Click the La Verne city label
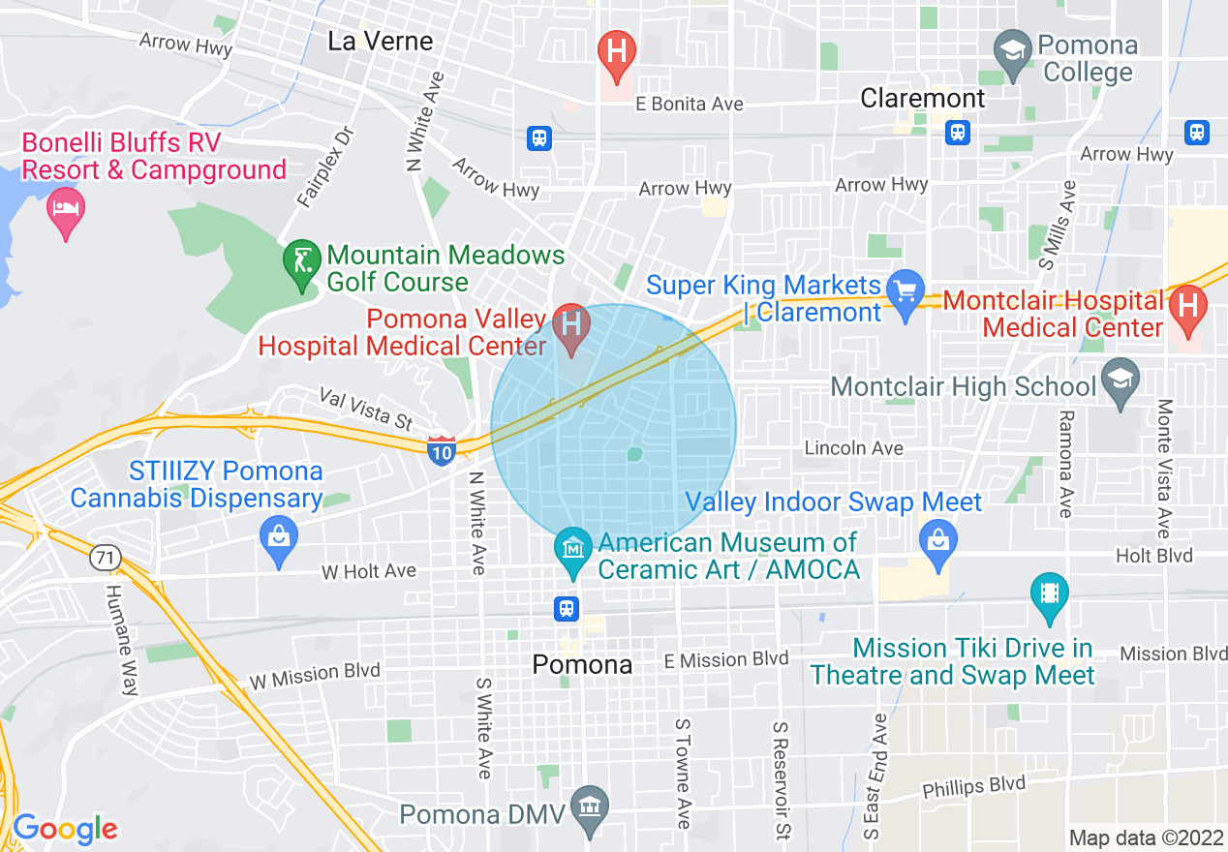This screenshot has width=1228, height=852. [x=380, y=41]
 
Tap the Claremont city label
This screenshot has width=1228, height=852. [x=922, y=99]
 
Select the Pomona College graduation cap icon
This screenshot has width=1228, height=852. [x=1013, y=51]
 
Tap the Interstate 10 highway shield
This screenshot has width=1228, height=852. [x=441, y=450]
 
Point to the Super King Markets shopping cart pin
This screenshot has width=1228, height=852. [x=906, y=293]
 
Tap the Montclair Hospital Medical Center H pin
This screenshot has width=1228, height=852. [x=1187, y=309]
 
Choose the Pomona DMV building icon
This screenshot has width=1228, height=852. [x=588, y=806]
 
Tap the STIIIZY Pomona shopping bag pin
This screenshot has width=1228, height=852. [x=279, y=538]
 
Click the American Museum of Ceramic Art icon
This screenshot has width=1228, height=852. [x=572, y=549]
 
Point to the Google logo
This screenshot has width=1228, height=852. [x=65, y=829]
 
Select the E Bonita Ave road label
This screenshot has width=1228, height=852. [x=689, y=104]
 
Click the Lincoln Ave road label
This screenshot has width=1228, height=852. [x=854, y=448]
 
